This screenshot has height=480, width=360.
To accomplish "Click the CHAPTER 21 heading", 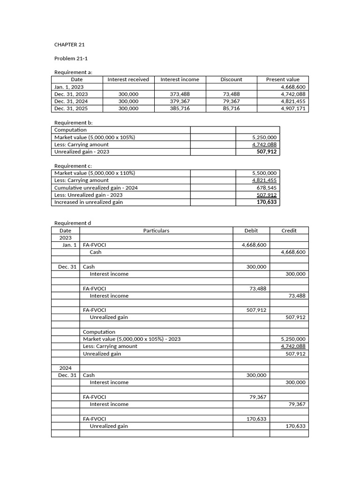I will tap(69, 45).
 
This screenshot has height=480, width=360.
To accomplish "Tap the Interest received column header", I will tap(128, 80).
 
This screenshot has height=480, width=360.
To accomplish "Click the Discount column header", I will tap(231, 80).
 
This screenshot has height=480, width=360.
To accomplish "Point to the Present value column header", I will tap(283, 80).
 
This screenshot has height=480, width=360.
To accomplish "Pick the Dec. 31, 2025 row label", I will tap(71, 108).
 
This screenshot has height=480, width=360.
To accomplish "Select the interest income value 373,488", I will tap(180, 94).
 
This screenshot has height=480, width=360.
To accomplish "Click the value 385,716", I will tap(180, 108).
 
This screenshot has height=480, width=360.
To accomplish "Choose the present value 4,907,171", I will tap(293, 108).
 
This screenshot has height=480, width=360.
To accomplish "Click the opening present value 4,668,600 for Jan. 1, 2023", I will tap(293, 87).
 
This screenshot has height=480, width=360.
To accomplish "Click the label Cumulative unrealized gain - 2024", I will tap(96, 187).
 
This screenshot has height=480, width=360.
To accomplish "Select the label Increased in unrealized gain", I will tap(89, 202).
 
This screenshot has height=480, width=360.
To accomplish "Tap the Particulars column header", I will tap(156, 231).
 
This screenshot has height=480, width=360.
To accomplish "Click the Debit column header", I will tap(251, 231).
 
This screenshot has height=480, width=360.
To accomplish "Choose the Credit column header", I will tap(289, 231).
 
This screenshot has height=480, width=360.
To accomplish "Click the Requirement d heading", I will tap(73, 223).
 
